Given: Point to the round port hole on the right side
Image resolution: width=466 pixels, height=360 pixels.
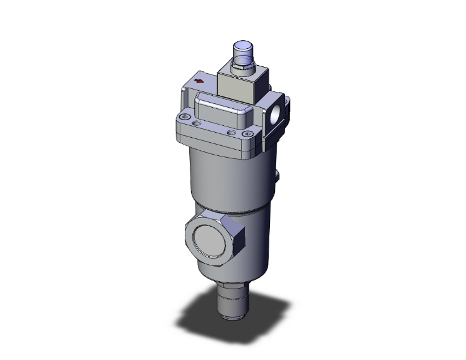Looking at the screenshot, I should point(276,115).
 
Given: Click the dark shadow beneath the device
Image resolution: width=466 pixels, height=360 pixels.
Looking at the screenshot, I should point(207,319).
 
